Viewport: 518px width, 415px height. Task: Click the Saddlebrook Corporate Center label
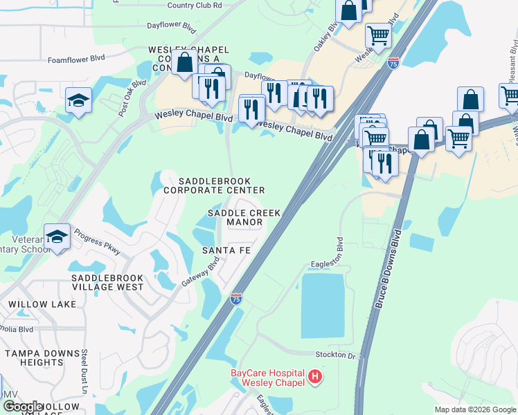[x=214, y=185]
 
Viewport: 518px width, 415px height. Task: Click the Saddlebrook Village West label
[x=107, y=282]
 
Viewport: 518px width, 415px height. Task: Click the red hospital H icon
[x=315, y=378]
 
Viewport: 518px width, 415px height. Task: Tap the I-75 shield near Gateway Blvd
[x=236, y=299]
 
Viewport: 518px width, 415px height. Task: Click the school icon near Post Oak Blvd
[x=78, y=100]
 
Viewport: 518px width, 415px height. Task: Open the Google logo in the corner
[x=23, y=407]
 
